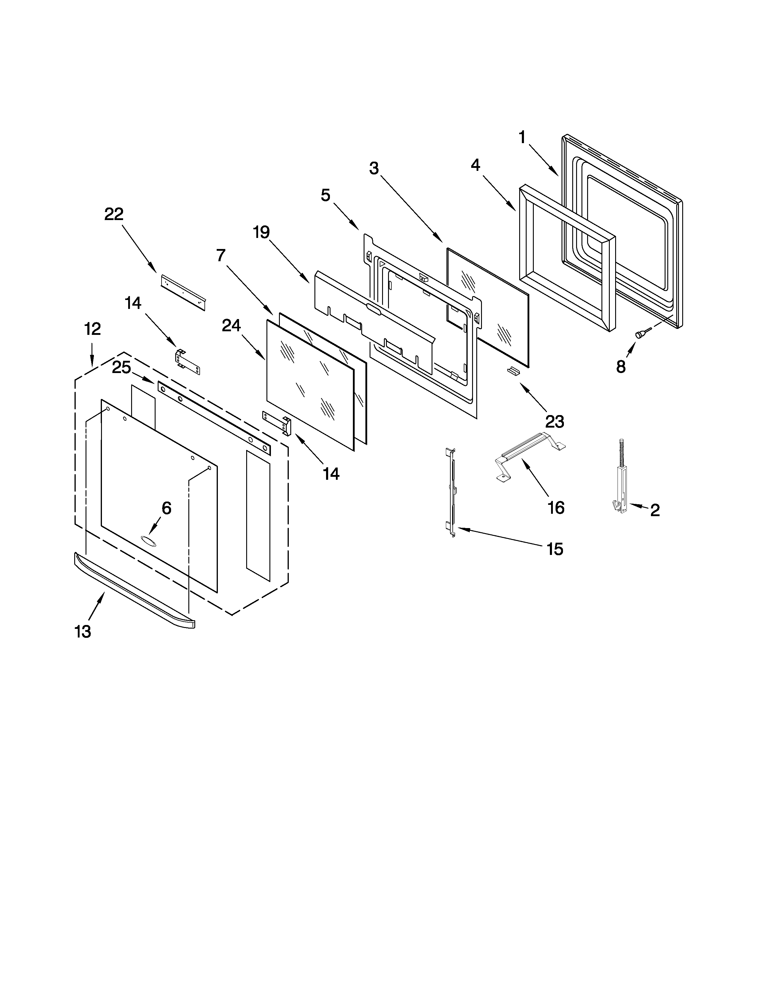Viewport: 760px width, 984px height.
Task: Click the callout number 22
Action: [x=114, y=214]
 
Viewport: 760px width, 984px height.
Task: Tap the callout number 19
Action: [x=261, y=233]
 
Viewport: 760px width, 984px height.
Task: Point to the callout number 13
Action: [x=83, y=632]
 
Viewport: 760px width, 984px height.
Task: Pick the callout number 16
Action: [x=556, y=508]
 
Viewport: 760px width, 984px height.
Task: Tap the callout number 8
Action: [x=621, y=367]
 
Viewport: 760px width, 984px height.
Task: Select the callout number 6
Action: [x=167, y=508]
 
